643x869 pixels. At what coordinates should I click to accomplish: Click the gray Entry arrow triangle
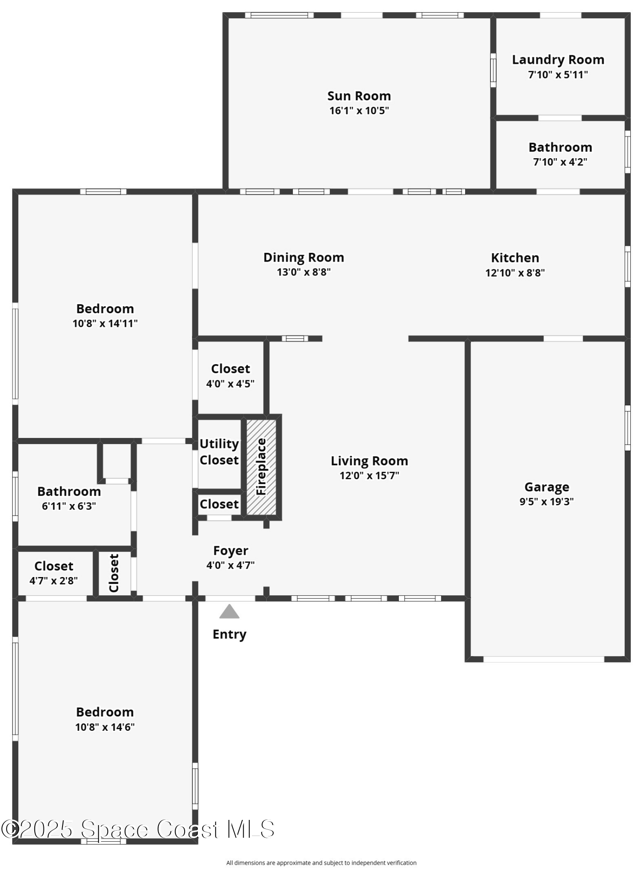[229, 612]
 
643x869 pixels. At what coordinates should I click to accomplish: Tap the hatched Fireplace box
[261, 467]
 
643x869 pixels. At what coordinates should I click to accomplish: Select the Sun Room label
[359, 96]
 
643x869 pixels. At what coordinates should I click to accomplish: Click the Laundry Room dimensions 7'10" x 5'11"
[558, 75]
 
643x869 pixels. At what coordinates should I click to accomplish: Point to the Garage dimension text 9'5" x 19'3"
[547, 501]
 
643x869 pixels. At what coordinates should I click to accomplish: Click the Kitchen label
[515, 258]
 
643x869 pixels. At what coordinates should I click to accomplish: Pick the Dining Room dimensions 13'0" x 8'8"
[304, 272]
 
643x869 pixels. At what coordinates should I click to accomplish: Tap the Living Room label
[369, 461]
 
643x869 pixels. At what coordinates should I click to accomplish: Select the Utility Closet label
[219, 452]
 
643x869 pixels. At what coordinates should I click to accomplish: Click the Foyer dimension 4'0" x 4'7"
[230, 565]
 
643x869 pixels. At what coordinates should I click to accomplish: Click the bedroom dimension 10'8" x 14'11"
[105, 323]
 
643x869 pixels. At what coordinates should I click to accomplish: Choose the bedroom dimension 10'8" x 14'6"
[105, 727]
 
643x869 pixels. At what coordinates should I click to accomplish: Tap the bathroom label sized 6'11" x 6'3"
[69, 491]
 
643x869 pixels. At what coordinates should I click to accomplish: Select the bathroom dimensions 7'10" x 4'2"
[560, 162]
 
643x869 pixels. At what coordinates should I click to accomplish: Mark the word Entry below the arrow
[229, 634]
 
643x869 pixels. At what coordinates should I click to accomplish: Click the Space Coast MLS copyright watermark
[138, 829]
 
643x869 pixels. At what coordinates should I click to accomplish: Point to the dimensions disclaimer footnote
[321, 862]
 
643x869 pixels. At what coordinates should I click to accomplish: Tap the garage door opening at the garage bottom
[544, 659]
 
